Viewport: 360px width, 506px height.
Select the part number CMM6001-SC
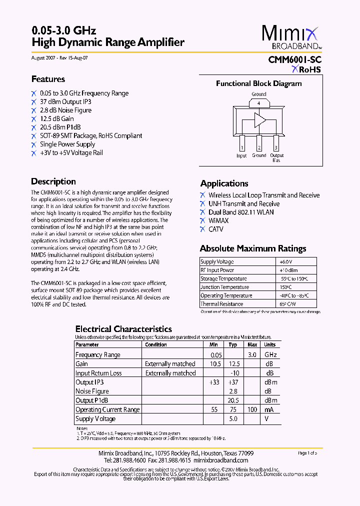click(x=294, y=59)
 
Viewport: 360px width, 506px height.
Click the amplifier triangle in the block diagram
click(x=259, y=120)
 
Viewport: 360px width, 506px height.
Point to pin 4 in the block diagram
click(x=258, y=103)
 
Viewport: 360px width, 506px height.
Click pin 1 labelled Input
click(x=241, y=147)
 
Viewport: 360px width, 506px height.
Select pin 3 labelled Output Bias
click(x=276, y=147)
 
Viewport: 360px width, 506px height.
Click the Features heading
click(x=48, y=79)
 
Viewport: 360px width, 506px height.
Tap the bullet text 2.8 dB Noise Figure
click(x=65, y=110)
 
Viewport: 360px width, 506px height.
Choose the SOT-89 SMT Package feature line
click(x=90, y=135)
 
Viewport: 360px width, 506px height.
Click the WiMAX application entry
click(x=218, y=220)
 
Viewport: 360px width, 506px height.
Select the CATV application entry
click(x=216, y=229)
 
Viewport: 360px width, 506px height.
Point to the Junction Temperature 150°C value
click(x=285, y=287)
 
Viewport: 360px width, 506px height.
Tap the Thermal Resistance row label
click(x=221, y=304)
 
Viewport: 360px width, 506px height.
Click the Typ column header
click(x=232, y=344)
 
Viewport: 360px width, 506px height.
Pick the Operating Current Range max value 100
click(x=252, y=409)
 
